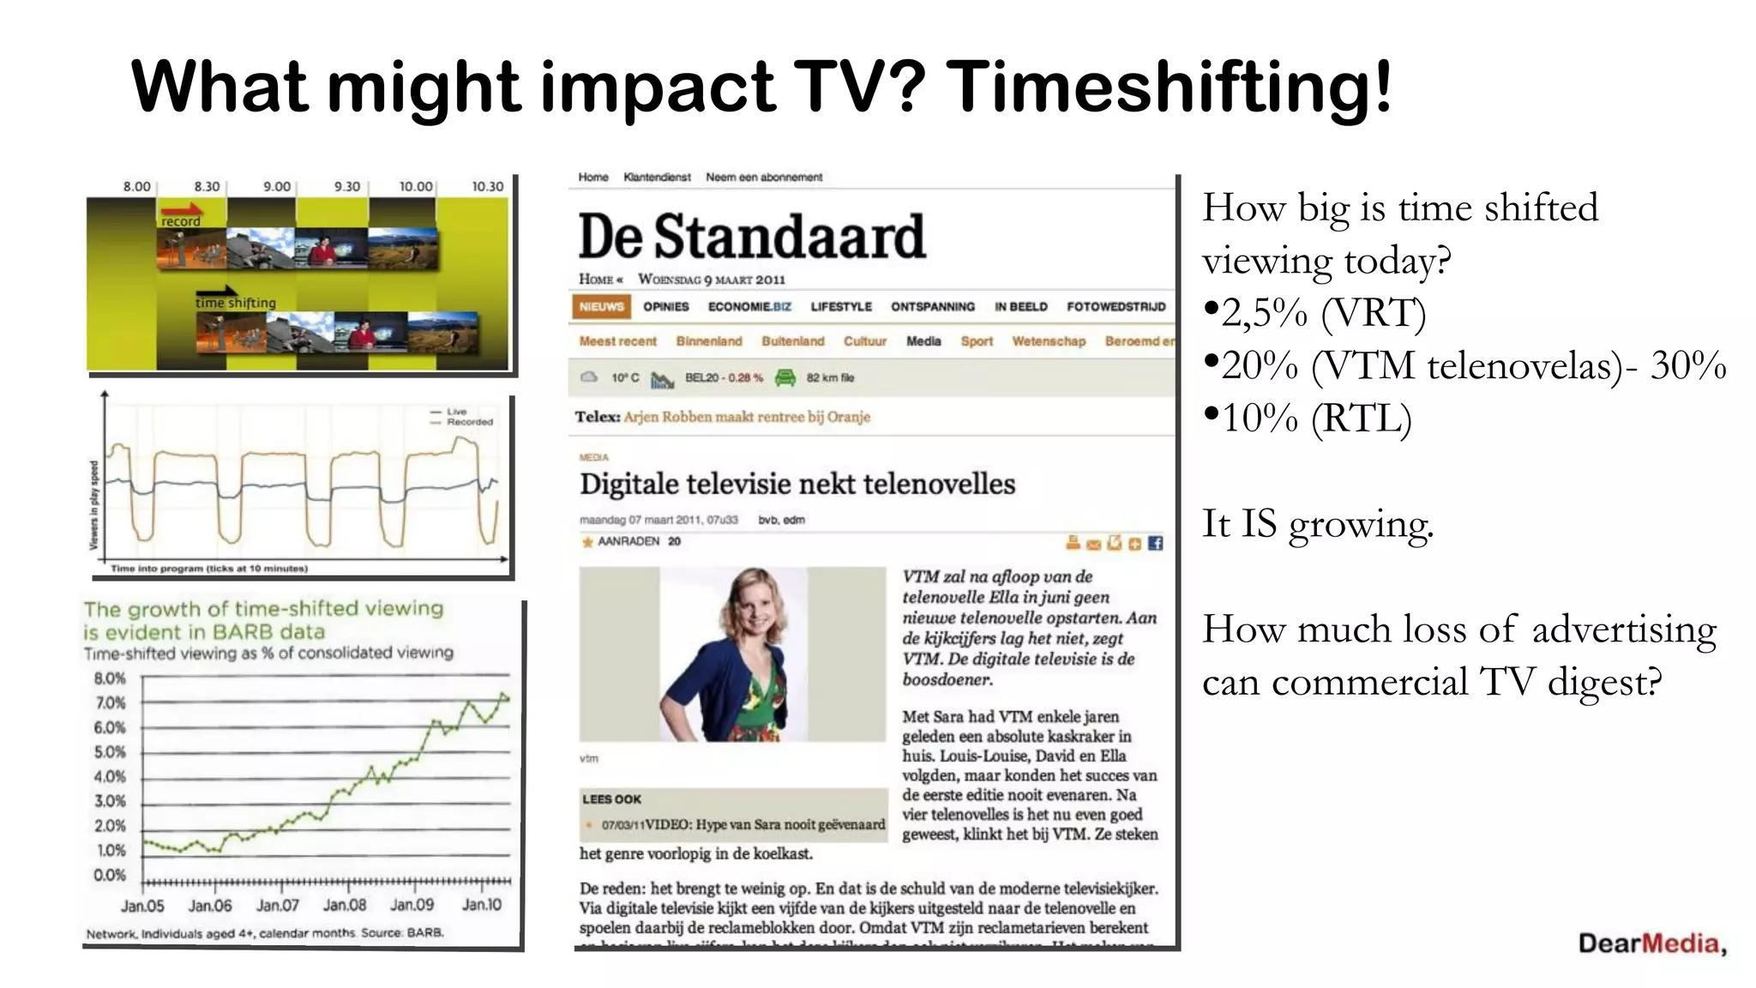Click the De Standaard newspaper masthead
coord(752,237)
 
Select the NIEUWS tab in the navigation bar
coord(601,307)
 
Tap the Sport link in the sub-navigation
coord(977,341)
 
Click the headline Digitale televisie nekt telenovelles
coord(797,485)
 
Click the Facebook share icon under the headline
coord(1155,543)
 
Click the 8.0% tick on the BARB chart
coord(110,678)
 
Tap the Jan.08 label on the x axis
coord(345,905)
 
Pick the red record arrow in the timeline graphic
coord(181,209)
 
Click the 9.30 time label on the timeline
coord(346,186)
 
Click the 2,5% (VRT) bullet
coord(1314,314)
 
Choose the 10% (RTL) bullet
coord(1307,419)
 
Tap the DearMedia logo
coord(1651,944)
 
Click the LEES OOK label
coord(611,799)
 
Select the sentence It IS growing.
coord(1317,524)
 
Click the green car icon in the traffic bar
coord(785,377)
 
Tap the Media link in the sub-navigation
coord(923,341)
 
